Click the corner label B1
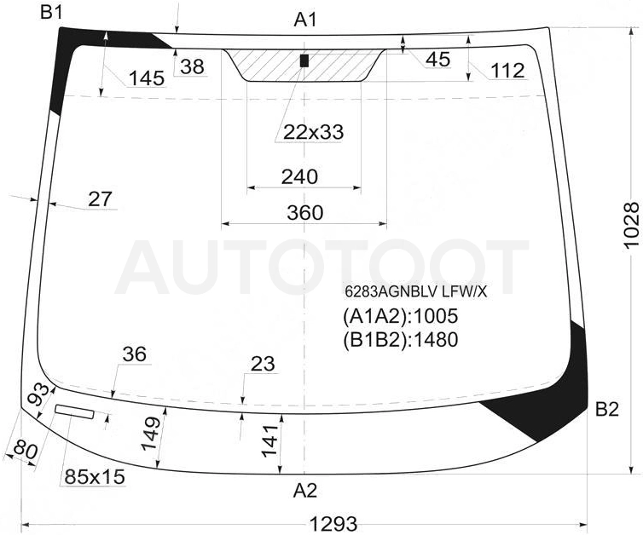[x=51, y=13]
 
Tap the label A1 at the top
[x=305, y=20]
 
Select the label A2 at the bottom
[x=305, y=491]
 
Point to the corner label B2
[x=607, y=409]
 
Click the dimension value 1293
[x=333, y=524]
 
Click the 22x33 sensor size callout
[x=313, y=132]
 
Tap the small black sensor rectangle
[x=304, y=60]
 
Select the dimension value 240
[x=299, y=176]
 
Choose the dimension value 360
[x=305, y=213]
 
